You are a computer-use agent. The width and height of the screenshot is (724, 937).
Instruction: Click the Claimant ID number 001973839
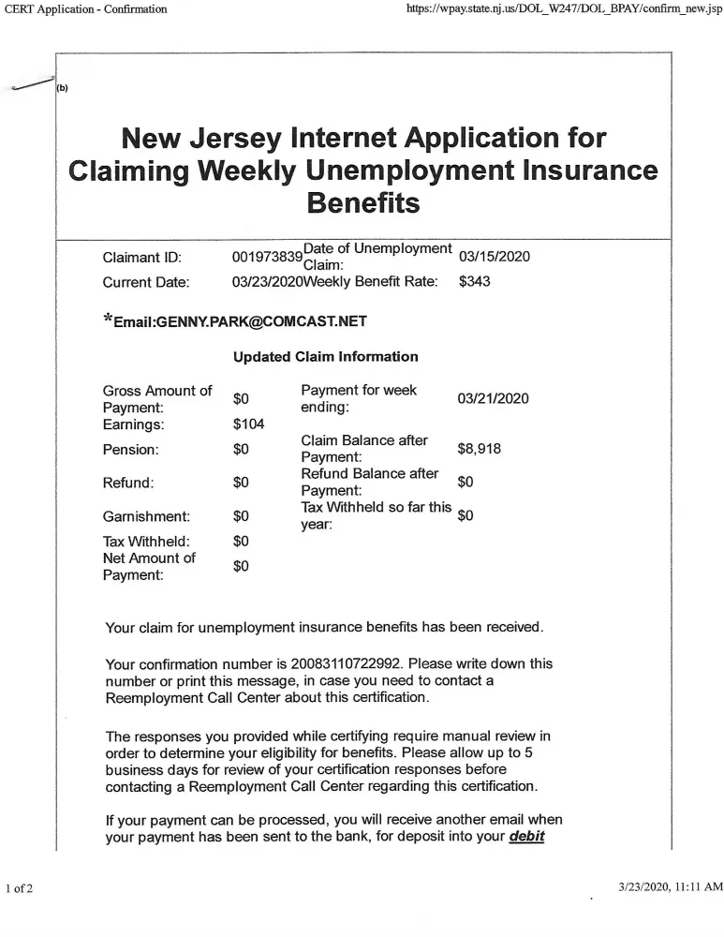point(267,257)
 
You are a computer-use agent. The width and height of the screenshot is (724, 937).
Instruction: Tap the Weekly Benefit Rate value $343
point(475,282)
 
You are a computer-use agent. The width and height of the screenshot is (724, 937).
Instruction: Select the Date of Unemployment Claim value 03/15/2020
point(494,257)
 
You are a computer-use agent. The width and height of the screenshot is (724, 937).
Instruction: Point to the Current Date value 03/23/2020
point(267,282)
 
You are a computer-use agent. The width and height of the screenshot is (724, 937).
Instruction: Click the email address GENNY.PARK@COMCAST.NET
point(240,321)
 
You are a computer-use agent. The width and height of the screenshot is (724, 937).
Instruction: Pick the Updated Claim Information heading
point(325,356)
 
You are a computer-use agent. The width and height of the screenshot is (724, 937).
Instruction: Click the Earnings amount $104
point(248,424)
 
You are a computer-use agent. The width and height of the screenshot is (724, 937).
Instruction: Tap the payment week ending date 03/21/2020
point(493,399)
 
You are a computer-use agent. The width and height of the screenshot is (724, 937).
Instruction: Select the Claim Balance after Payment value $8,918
point(479,449)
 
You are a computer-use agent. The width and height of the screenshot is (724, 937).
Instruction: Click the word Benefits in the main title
point(363,201)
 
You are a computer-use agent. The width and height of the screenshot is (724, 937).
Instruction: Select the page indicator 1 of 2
point(19,887)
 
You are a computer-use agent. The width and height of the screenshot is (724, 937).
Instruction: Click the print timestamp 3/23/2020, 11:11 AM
point(671,886)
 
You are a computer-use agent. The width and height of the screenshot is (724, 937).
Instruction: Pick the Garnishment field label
point(146,516)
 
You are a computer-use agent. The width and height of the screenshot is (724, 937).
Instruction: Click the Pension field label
point(130,450)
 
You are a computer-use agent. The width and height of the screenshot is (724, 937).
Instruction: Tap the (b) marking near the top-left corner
point(63,88)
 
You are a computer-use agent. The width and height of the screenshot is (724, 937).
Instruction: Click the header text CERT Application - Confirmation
point(86,9)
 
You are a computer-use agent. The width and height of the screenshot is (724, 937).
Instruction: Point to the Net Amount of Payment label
point(149,567)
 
